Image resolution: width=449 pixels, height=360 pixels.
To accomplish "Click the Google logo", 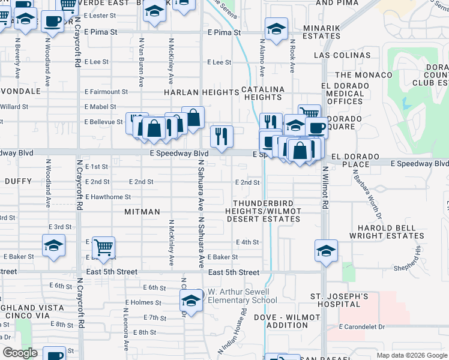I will (x=20, y=353).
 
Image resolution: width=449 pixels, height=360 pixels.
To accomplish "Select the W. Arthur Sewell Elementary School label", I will (x=243, y=296).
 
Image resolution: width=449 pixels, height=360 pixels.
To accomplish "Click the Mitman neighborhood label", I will (x=142, y=212).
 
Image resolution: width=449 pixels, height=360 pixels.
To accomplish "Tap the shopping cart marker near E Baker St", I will (x=103, y=246).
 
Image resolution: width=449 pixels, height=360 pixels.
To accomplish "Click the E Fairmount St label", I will (x=106, y=92).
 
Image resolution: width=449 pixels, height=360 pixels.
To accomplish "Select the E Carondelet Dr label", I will (x=361, y=327).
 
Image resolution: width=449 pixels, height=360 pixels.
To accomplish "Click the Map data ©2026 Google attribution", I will (x=412, y=355).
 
